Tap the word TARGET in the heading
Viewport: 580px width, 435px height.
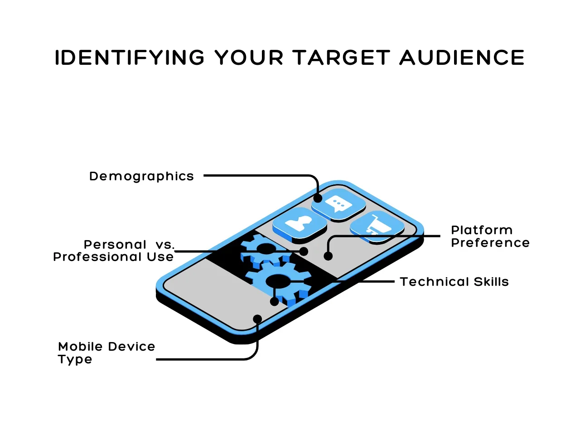click(341, 57)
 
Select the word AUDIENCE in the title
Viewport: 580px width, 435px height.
click(462, 57)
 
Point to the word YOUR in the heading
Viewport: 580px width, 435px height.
click(249, 57)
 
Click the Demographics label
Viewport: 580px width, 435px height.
click(142, 176)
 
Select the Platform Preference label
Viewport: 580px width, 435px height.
click(490, 237)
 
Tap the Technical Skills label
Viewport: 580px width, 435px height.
click(454, 282)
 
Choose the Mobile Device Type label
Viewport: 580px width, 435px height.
click(106, 353)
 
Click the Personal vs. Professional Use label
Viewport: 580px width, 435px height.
click(114, 251)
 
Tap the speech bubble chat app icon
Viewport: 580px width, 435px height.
click(338, 204)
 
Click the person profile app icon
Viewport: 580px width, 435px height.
click(300, 224)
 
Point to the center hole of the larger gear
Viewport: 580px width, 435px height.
click(278, 281)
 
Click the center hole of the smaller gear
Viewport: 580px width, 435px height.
click(266, 248)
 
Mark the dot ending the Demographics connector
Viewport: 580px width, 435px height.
click(318, 198)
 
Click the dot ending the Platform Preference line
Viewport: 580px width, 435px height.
click(328, 256)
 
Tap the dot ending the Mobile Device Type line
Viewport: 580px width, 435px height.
click(257, 319)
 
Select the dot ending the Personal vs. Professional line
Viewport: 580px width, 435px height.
click(304, 251)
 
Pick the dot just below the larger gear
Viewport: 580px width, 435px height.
click(274, 301)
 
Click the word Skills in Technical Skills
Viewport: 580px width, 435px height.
click(491, 282)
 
